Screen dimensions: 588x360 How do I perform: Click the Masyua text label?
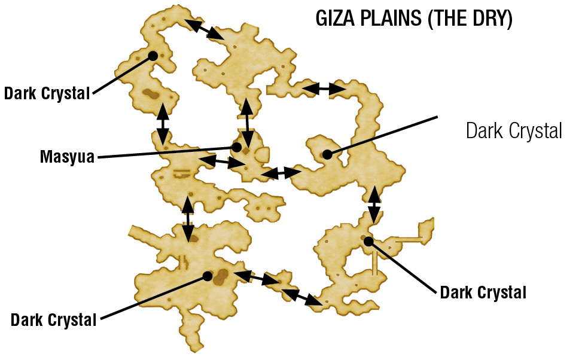tap(67, 157)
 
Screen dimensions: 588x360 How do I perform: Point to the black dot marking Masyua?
tap(237, 147)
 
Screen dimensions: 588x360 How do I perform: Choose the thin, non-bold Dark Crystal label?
tap(514, 131)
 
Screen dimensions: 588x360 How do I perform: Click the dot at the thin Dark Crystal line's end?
tap(327, 154)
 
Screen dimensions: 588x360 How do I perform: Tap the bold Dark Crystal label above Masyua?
tap(47, 93)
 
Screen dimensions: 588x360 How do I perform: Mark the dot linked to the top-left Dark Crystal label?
tap(153, 56)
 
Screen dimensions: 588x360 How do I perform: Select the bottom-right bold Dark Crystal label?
tap(483, 292)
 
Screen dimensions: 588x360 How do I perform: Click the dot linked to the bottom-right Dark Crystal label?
tap(368, 242)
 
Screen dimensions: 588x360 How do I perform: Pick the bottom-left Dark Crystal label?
tap(54, 320)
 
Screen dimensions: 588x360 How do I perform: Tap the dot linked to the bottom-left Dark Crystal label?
tap(208, 276)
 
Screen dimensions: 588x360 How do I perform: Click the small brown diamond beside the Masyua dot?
tap(246, 151)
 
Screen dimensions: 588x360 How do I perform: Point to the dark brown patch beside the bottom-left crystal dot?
tap(221, 277)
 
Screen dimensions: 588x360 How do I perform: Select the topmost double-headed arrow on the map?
tap(204, 29)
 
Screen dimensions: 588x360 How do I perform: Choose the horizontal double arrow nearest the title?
tap(324, 89)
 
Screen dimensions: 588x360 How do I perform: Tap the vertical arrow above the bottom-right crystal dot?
tap(374, 205)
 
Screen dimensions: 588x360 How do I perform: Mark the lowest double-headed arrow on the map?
tap(302, 297)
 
